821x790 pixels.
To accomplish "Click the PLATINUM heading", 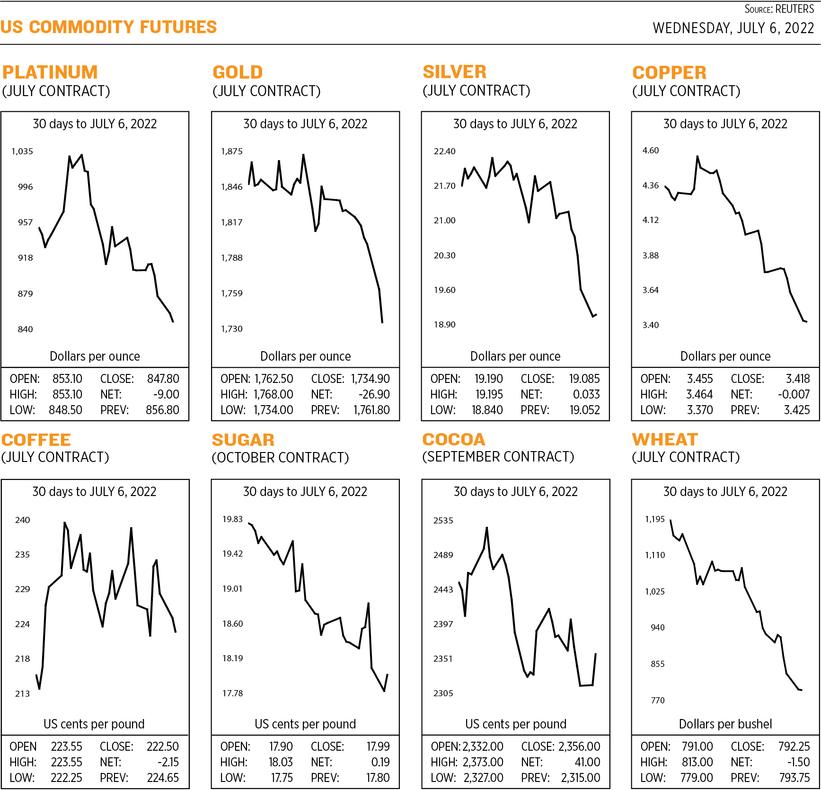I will (x=50, y=72).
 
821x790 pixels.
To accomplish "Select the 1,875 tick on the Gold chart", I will (x=231, y=151).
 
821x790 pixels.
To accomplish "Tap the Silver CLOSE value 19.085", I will (x=584, y=379).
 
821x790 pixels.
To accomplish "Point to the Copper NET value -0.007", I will (x=794, y=394).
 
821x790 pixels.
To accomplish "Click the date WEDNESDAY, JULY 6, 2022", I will (x=733, y=28).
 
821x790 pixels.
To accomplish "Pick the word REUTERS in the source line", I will (x=795, y=9).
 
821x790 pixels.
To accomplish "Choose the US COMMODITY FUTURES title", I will (x=108, y=27).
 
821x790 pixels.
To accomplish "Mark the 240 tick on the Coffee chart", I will (x=22, y=520).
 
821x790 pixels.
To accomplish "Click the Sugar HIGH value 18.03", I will (x=281, y=762).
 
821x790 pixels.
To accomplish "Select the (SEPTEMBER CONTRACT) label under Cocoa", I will (x=498, y=457).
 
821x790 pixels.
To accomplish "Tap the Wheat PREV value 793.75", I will (x=795, y=778).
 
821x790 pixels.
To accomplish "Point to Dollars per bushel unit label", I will (x=725, y=724).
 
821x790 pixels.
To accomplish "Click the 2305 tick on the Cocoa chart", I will (x=443, y=693).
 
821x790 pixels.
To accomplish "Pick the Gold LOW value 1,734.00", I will (x=273, y=410).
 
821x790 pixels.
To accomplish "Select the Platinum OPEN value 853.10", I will (x=67, y=379).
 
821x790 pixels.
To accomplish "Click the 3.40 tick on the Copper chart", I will (x=650, y=325).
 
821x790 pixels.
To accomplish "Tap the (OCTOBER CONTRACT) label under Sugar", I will (x=280, y=458).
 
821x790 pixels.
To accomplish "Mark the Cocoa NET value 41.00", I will (x=587, y=762).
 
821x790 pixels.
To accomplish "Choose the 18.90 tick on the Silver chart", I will (x=444, y=325).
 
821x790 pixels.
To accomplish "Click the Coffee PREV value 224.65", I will (x=163, y=778).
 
